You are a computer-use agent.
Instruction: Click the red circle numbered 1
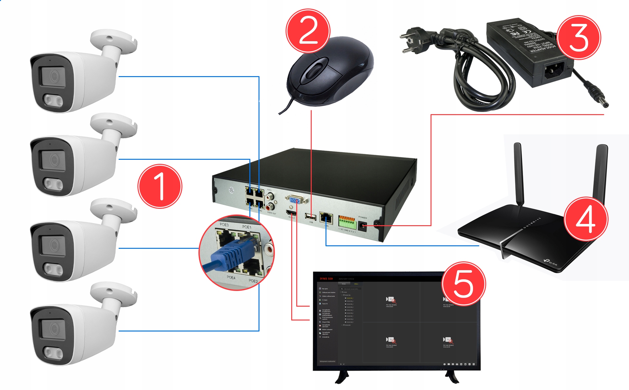160,186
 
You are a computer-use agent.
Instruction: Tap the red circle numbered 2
308,31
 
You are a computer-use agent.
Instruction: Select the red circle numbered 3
579,37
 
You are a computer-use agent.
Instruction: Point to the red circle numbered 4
586,219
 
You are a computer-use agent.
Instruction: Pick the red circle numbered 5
463,284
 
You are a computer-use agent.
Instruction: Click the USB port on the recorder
310,217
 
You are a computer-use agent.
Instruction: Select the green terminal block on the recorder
347,223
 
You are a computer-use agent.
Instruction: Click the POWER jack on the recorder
362,226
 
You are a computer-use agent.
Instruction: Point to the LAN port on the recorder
326,218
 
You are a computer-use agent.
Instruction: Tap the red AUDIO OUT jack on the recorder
270,207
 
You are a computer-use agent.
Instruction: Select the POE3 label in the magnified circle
224,225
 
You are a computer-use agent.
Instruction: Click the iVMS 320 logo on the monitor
326,279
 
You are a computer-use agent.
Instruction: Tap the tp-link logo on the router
550,261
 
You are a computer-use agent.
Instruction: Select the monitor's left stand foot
342,377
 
